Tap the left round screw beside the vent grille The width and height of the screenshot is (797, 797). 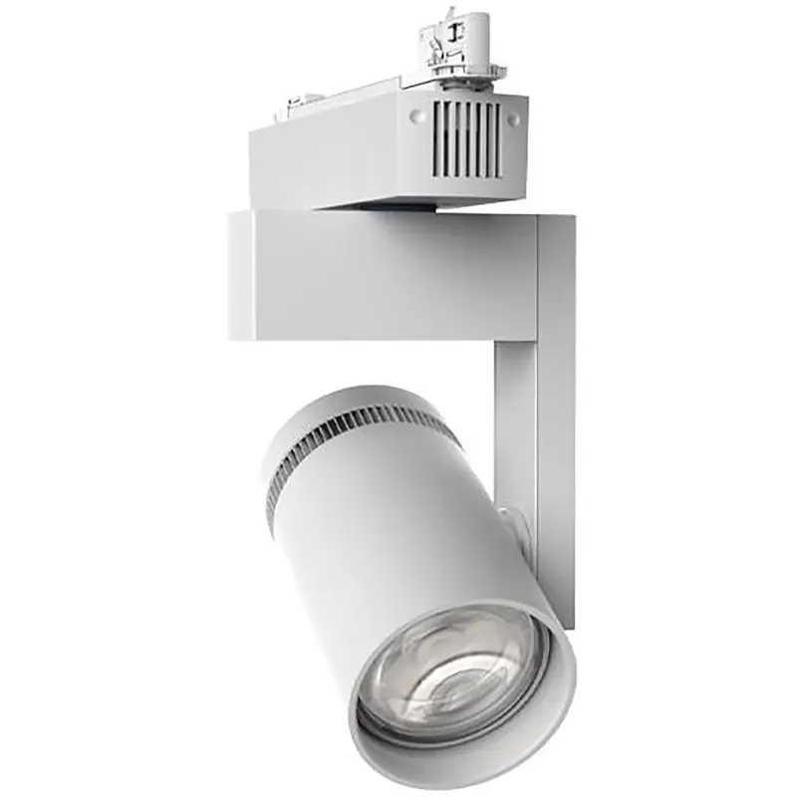416,116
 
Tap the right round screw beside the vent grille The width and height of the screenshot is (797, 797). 513,119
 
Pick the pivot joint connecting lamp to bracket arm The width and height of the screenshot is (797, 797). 511,523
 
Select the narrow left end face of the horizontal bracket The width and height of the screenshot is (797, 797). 240,274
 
